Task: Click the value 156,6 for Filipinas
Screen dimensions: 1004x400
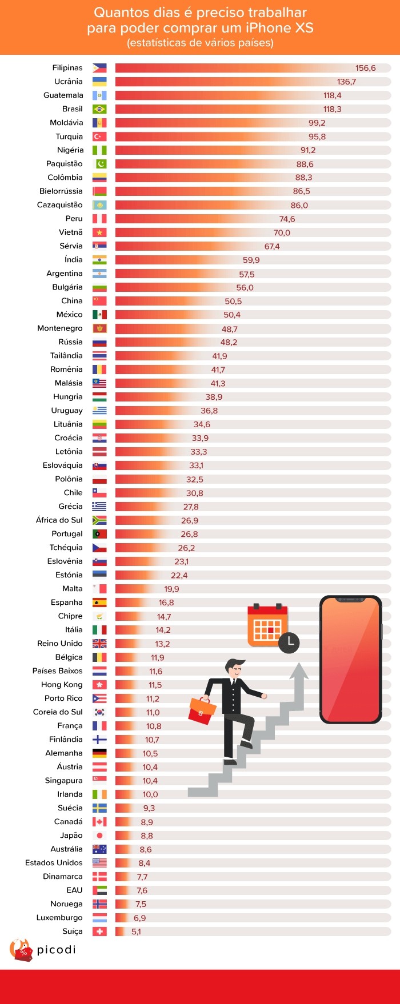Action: (x=365, y=68)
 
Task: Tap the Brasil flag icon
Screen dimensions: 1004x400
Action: (x=99, y=109)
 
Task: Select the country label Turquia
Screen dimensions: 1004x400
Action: (x=69, y=136)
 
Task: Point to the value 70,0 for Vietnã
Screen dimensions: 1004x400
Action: (x=282, y=233)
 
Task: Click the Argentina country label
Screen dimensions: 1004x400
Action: (x=65, y=274)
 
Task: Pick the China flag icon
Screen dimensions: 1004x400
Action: (x=99, y=301)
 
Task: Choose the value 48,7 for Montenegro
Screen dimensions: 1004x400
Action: (x=230, y=329)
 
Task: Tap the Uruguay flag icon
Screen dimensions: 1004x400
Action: (x=99, y=411)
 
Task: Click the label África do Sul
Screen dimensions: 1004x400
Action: (x=59, y=520)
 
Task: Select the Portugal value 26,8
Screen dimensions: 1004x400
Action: (x=189, y=534)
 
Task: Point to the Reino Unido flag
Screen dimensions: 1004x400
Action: (x=99, y=644)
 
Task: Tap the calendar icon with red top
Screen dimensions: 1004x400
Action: (x=267, y=625)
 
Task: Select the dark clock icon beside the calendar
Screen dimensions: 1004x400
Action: (x=289, y=642)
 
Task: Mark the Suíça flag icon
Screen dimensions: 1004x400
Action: (x=99, y=931)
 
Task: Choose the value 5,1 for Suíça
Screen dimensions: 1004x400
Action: (x=136, y=931)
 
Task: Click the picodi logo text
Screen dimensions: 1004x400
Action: (x=56, y=950)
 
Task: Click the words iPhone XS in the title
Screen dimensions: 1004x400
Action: (x=279, y=28)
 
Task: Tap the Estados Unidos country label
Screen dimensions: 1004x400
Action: (x=54, y=863)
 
